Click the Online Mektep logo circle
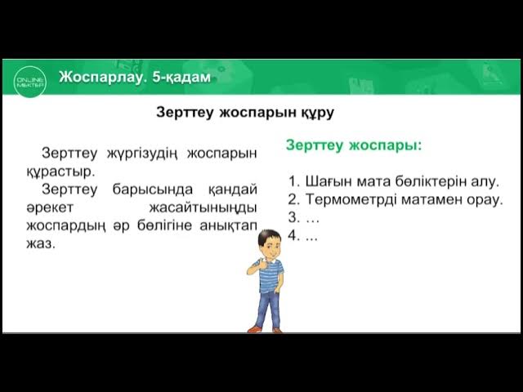pyautogui.click(x=27, y=78)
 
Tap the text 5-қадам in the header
pyautogui.click(x=181, y=78)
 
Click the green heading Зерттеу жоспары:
pyautogui.click(x=354, y=145)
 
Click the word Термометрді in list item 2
pyautogui.click(x=351, y=198)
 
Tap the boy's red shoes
pyautogui.click(x=266, y=329)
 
